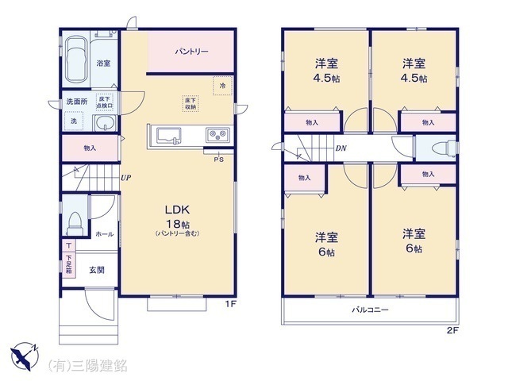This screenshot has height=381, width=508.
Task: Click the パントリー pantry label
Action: pyautogui.click(x=191, y=52)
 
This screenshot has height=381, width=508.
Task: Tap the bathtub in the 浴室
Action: pyautogui.click(x=78, y=60)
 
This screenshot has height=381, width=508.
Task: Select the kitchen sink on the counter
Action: pyautogui.click(x=168, y=135)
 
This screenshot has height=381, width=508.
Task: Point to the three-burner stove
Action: pyautogui.click(x=217, y=134)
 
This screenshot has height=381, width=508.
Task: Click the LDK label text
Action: pyautogui.click(x=176, y=210)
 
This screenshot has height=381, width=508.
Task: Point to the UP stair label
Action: pyautogui.click(x=126, y=178)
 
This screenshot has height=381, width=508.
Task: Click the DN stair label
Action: pyautogui.click(x=340, y=148)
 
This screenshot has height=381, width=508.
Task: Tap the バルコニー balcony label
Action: pyautogui.click(x=370, y=310)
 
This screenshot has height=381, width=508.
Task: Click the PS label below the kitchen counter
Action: pyautogui.click(x=218, y=159)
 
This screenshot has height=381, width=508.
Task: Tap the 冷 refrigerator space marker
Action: pyautogui.click(x=223, y=85)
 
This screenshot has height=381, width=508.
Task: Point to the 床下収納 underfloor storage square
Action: pyautogui.click(x=190, y=102)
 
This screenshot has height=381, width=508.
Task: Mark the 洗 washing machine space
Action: pyautogui.click(x=73, y=121)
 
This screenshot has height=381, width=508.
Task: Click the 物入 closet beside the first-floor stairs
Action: pyautogui.click(x=89, y=148)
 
